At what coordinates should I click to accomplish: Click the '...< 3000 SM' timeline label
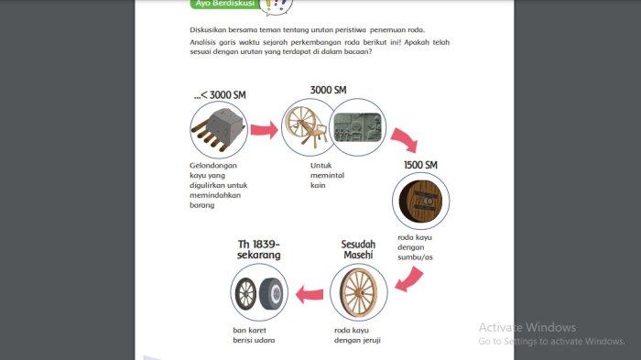(x=220, y=95)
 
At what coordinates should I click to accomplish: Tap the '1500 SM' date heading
(x=420, y=165)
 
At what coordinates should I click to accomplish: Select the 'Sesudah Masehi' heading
(x=359, y=249)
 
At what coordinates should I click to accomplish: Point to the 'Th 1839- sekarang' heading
(x=259, y=249)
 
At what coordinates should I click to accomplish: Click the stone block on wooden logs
(x=219, y=129)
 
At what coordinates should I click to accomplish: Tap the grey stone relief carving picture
(x=358, y=127)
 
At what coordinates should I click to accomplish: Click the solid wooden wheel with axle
(x=420, y=201)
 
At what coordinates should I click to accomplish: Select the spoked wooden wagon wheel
(x=359, y=293)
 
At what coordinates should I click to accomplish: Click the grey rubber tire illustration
(x=271, y=293)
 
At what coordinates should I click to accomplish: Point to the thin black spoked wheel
(x=245, y=293)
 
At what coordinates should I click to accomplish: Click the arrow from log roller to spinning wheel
(x=264, y=130)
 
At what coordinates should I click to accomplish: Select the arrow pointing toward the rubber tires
(x=310, y=295)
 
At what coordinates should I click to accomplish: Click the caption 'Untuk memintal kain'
(x=327, y=175)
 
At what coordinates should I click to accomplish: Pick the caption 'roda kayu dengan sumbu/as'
(x=415, y=247)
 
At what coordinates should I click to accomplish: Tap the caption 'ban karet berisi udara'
(x=254, y=335)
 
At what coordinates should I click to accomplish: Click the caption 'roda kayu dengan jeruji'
(x=357, y=335)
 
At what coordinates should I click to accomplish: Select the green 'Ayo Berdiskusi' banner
(x=225, y=4)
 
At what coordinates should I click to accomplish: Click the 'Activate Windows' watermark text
(x=527, y=327)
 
